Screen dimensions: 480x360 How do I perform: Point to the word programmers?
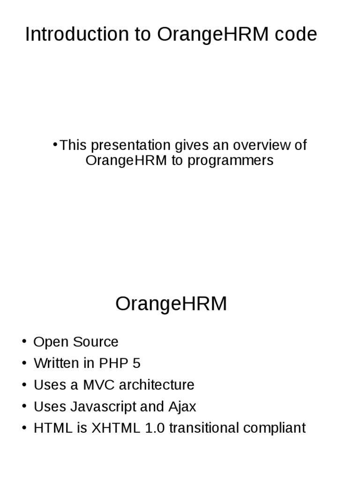click(230, 160)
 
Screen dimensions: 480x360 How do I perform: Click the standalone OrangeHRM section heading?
click(171, 304)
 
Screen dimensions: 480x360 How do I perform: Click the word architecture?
click(157, 385)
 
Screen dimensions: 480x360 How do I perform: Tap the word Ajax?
click(182, 406)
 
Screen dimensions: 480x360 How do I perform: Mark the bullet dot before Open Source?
click(24, 341)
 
